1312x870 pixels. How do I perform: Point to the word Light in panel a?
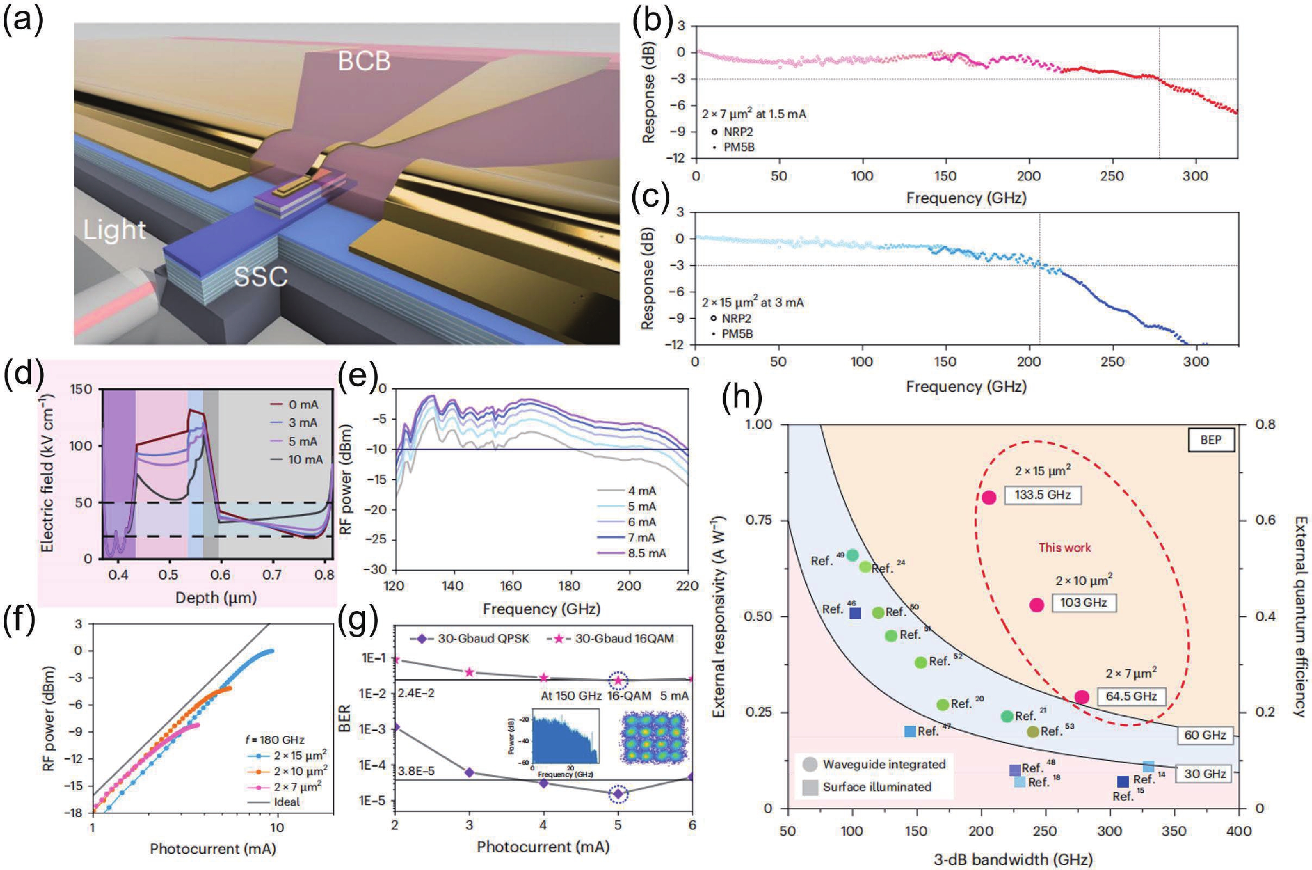coord(115,230)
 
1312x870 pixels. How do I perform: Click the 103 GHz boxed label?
coord(1083,602)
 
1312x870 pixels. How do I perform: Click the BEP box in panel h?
coord(1210,440)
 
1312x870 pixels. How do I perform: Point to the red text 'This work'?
coord(1065,547)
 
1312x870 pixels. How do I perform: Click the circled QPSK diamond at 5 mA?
coord(618,794)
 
